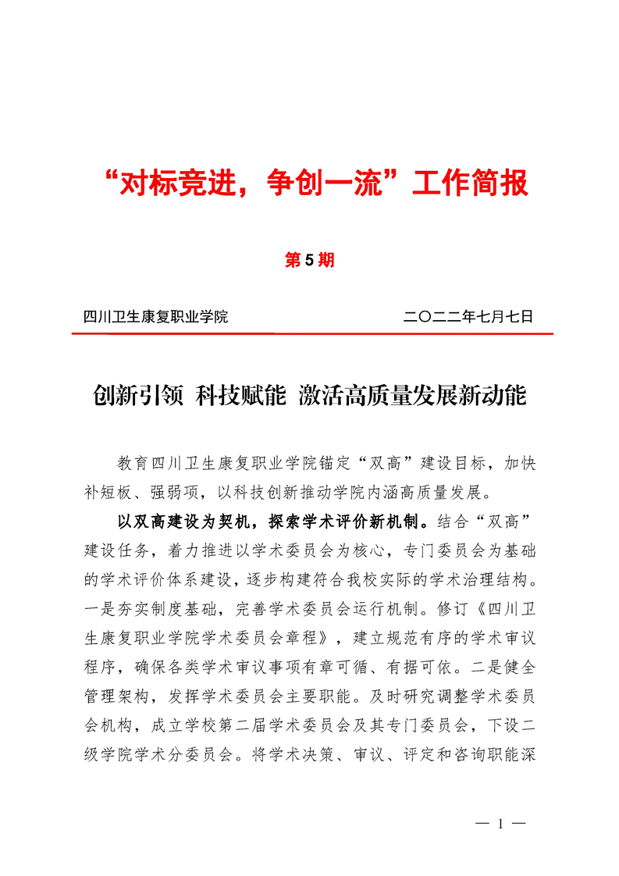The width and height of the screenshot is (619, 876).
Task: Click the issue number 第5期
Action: click(309, 261)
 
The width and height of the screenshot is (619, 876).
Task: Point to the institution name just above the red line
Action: click(155, 317)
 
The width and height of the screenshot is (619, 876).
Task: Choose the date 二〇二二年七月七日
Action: click(468, 317)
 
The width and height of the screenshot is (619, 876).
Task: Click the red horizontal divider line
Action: click(312, 334)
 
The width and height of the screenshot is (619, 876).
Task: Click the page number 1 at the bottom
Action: click(496, 824)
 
